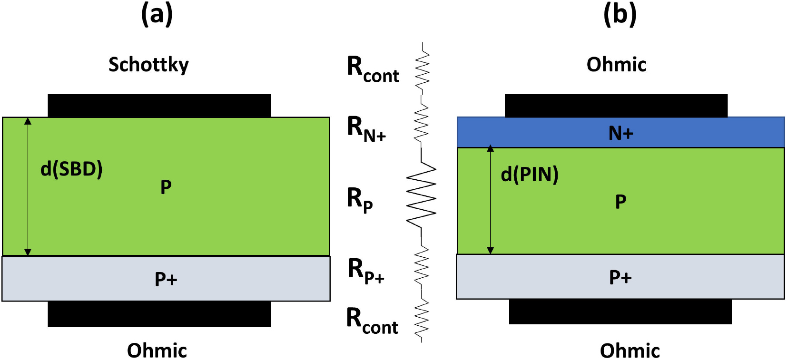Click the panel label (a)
tap(157, 14)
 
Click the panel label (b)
tap(620, 14)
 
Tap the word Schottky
tap(148, 65)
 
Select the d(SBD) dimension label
tap(71, 169)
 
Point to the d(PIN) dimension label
tap(530, 175)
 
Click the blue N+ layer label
tap(621, 133)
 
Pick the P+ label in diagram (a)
tap(166, 279)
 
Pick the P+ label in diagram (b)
tap(620, 277)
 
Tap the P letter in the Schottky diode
tap(166, 187)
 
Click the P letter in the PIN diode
tap(620, 202)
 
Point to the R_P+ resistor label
tap(366, 271)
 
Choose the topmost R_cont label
tap(373, 69)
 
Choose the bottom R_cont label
tap(372, 321)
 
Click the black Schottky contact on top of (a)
tap(159, 106)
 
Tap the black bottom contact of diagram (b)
tap(620, 311)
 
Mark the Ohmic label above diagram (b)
tap(616, 65)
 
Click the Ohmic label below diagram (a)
tap(157, 350)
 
